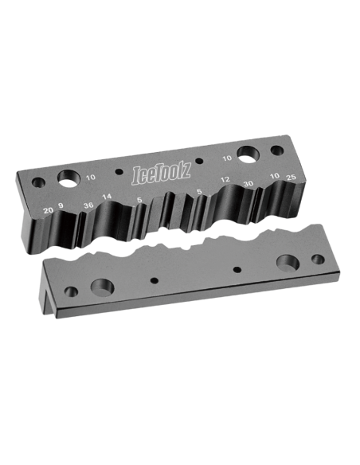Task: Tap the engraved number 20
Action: click(49, 209)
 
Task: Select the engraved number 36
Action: click(88, 206)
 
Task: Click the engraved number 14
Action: click(108, 197)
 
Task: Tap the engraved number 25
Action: click(291, 175)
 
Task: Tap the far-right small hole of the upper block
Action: click(277, 150)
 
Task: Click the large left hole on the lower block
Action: click(104, 284)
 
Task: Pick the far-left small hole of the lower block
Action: click(72, 291)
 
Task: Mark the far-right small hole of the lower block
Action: click(318, 260)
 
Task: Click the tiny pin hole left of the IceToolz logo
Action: click(119, 173)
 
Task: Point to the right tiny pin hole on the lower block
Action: click(237, 271)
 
